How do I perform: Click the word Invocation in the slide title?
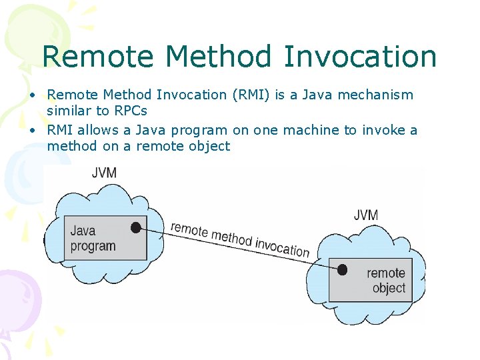tap(359, 57)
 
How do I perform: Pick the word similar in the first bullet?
tap(69, 111)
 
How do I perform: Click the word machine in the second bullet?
tap(314, 130)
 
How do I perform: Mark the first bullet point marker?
tap(32, 95)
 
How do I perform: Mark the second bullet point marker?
tap(32, 131)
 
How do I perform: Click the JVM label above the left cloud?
tap(104, 173)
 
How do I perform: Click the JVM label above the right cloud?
tap(365, 215)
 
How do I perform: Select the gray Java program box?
tap(109, 239)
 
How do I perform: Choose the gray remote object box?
tap(371, 280)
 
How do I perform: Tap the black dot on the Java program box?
tap(136, 227)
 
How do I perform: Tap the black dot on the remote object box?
tap(342, 270)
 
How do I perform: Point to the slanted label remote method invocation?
tap(240, 239)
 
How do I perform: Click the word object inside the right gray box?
tap(389, 288)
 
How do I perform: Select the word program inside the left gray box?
tap(93, 246)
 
